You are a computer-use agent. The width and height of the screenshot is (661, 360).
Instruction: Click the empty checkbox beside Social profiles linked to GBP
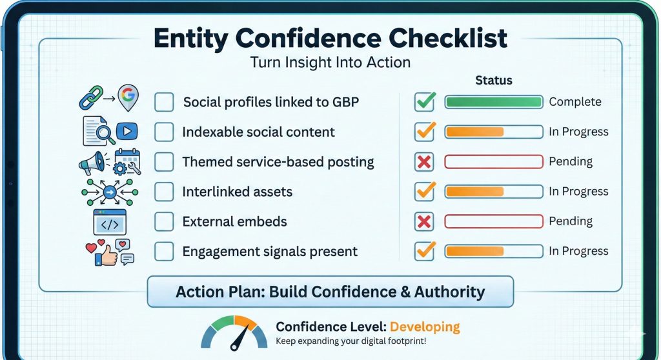(x=164, y=102)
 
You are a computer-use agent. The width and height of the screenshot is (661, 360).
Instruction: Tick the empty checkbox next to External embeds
(x=164, y=222)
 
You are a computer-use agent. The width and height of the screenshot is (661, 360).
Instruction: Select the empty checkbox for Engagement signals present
(x=164, y=252)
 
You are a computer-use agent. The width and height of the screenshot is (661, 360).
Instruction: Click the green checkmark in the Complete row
(x=425, y=101)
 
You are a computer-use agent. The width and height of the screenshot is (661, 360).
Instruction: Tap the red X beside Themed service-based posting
(x=424, y=162)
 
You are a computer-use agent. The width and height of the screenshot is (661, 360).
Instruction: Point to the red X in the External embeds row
(x=424, y=222)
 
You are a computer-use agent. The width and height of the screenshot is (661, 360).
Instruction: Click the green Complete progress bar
(x=494, y=102)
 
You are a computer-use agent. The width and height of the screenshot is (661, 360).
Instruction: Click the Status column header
(x=494, y=81)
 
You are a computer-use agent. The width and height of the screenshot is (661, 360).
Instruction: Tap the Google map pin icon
(x=128, y=97)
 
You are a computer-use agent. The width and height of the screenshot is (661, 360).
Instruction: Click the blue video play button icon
(x=127, y=132)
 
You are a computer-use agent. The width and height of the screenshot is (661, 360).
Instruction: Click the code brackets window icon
(x=110, y=222)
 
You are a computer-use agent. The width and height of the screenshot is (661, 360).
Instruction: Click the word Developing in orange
(x=425, y=327)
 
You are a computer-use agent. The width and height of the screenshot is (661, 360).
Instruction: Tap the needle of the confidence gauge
(x=239, y=339)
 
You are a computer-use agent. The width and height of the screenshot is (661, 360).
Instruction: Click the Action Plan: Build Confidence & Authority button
(x=330, y=292)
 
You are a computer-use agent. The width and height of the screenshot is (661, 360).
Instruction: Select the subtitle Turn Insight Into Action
(x=330, y=63)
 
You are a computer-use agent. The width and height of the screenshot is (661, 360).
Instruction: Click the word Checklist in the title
(x=448, y=38)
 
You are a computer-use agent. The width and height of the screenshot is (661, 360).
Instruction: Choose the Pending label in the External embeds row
(x=571, y=221)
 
